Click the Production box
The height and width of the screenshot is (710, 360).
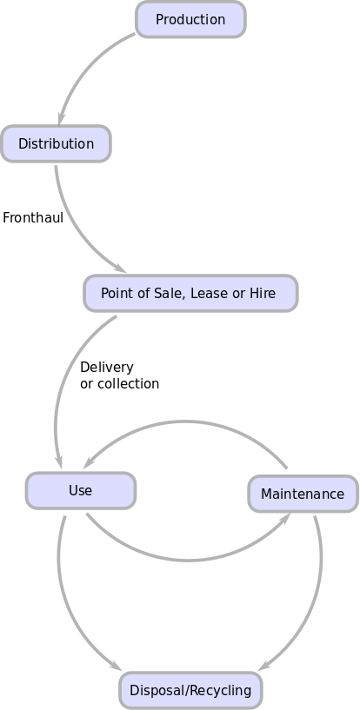click(x=190, y=19)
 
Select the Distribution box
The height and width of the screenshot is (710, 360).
click(x=56, y=143)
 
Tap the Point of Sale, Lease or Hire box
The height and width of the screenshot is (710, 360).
click(x=190, y=293)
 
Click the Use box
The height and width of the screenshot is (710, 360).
click(x=80, y=490)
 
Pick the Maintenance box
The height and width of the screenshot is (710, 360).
click(x=303, y=494)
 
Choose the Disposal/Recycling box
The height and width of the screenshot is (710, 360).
click(x=190, y=690)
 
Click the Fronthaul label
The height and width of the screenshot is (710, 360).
click(x=33, y=217)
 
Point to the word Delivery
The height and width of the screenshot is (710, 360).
click(x=107, y=367)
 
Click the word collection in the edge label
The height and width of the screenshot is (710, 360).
click(x=129, y=383)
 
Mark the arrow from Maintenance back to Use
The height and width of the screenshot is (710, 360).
click(x=185, y=422)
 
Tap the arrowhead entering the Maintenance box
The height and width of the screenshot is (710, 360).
click(x=284, y=518)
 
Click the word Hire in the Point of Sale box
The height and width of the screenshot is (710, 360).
click(x=263, y=293)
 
